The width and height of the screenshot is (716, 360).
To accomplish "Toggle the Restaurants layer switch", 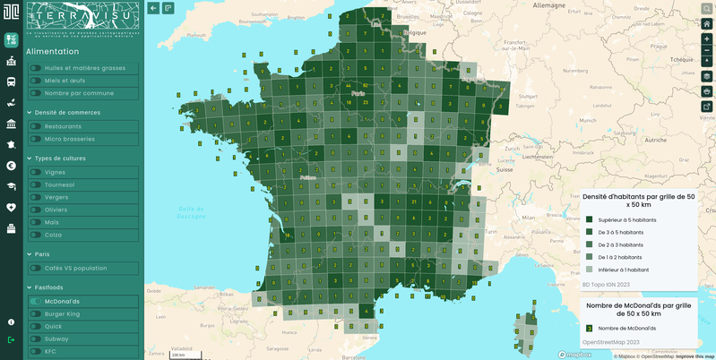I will coord(36,126).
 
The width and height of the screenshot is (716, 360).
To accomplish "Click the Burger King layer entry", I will coord(62,314).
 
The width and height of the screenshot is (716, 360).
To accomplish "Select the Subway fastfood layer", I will coord(56,339).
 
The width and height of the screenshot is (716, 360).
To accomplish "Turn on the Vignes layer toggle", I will coord(36,172).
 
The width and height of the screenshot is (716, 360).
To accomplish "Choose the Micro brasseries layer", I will coord(69,139).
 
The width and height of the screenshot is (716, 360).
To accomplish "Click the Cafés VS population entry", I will coord(75,268).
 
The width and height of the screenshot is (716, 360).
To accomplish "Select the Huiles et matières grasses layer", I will coord(84,68).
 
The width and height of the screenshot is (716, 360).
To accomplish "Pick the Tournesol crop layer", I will coord(60,184).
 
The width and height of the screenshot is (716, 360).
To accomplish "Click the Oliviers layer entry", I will coord(56,210).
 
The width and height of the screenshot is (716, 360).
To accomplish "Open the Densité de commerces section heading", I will coord(67,113).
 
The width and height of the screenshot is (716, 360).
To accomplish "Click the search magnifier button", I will coord(706,8).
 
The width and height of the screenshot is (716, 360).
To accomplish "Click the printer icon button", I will coord(706,91).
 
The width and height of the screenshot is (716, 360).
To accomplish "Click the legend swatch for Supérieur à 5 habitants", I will coord(589,219).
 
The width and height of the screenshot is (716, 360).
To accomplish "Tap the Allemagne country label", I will coord(549,4).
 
